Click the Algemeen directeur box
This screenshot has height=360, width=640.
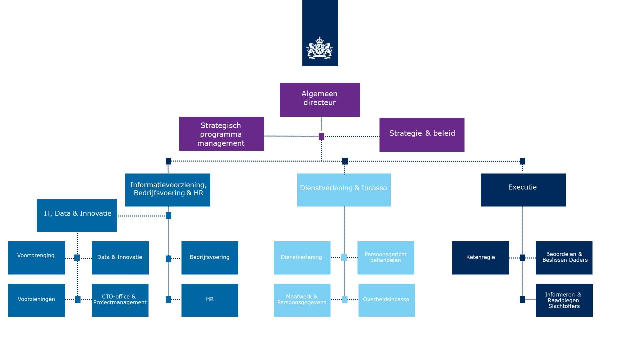coord(320,99)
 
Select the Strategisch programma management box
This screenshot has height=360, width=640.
coord(222,134)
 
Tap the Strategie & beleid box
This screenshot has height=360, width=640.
coord(422,134)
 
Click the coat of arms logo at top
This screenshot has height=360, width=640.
coord(320,48)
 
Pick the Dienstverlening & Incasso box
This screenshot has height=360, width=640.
coord(344,190)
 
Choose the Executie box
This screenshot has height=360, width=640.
coord(523,190)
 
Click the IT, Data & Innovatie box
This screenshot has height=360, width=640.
coord(77,215)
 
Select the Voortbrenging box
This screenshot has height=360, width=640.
coord(37,258)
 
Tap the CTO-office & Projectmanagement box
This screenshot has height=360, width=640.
coord(120,300)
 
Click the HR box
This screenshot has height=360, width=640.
coord(210,300)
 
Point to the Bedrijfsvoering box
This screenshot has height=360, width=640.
coord(210,258)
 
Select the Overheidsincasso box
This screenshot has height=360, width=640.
coord(386,300)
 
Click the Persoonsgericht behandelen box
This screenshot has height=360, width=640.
coord(386,258)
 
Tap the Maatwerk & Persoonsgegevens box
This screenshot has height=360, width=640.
coord(302,300)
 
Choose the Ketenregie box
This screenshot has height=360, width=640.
coord(480,258)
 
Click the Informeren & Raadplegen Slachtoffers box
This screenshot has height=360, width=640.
coord(564,300)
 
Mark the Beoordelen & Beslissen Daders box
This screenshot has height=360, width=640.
coord(564,258)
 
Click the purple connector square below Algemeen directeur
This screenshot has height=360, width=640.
coord(321,136)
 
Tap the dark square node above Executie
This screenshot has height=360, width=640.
coord(522,161)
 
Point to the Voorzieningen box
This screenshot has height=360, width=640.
coord(37,300)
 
